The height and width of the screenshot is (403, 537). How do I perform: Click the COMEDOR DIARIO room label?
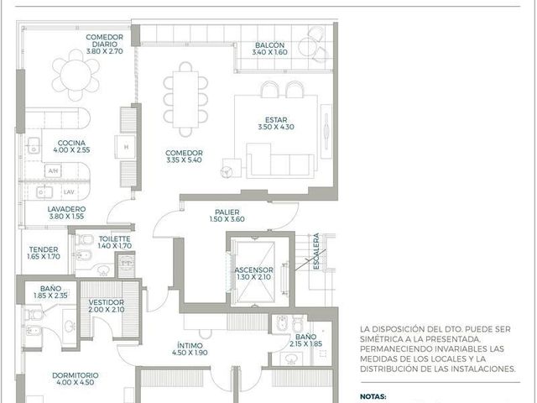coord(104,40)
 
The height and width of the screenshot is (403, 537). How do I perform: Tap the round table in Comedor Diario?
coord(76,75)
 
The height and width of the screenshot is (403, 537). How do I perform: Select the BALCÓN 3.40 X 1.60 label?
coord(270,49)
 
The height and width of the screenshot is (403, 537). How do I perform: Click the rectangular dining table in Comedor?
coord(185,99)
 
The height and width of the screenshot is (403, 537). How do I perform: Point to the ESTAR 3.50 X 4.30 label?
coord(276,123)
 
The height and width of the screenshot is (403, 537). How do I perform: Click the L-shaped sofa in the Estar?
coord(280,160)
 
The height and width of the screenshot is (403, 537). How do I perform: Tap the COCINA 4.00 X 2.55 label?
coord(71,146)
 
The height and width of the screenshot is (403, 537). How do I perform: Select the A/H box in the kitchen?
coord(53,170)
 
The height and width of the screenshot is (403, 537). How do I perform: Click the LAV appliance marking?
coord(69,192)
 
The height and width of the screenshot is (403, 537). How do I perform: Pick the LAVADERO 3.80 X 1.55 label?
coord(66,212)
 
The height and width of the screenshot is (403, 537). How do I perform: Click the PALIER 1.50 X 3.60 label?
coord(227,216)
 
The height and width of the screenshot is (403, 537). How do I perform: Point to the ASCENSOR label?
coord(253,270)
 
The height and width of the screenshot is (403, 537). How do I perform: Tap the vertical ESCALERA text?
coord(316,251)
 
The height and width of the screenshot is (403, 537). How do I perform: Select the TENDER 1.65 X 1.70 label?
coord(44,253)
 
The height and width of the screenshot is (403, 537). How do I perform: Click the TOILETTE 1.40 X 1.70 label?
coord(114,242)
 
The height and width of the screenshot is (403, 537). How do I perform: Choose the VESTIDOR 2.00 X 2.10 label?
coord(107,306)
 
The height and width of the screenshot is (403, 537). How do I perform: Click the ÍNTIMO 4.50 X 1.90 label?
coord(190,349)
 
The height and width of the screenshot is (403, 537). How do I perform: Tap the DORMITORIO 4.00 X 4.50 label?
coord(75,379)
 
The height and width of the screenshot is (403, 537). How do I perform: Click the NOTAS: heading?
coord(373,396)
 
